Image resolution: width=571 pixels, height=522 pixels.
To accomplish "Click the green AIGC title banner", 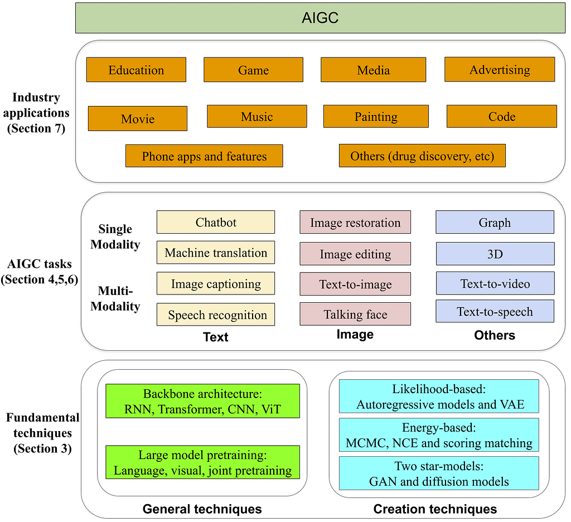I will pyautogui.click(x=320, y=18).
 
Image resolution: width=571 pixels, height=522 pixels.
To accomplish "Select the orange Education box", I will pyautogui.click(x=136, y=70).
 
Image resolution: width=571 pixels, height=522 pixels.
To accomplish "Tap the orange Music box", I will pyautogui.click(x=257, y=116).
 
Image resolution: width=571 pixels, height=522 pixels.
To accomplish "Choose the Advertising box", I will pyautogui.click(x=500, y=69).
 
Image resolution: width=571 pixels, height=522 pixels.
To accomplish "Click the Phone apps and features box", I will pyautogui.click(x=204, y=156).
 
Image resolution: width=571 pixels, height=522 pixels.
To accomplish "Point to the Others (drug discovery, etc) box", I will pyautogui.click(x=422, y=156).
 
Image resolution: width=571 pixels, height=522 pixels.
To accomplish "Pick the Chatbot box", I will pyautogui.click(x=216, y=222).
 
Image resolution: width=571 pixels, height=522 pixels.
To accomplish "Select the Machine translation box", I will pyautogui.click(x=216, y=253).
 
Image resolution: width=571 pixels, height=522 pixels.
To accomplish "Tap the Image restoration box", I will pyautogui.click(x=355, y=222).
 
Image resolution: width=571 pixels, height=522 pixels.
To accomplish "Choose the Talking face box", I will pyautogui.click(x=355, y=314).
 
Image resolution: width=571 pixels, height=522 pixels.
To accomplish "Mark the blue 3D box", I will pyautogui.click(x=495, y=254).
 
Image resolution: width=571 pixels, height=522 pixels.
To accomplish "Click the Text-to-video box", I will pyautogui.click(x=495, y=283).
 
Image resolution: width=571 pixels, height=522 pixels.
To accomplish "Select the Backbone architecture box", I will pyautogui.click(x=202, y=401).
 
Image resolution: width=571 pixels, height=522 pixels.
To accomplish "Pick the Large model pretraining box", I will pyautogui.click(x=202, y=462).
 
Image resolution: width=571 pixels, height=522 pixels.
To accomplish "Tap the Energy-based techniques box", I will pyautogui.click(x=439, y=436).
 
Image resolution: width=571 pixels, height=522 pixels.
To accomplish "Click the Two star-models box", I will pyautogui.click(x=439, y=473).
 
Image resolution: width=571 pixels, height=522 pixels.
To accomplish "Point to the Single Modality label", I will pyautogui.click(x=115, y=236).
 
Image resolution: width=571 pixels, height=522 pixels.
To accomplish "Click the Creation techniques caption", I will pyautogui.click(x=435, y=509).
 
